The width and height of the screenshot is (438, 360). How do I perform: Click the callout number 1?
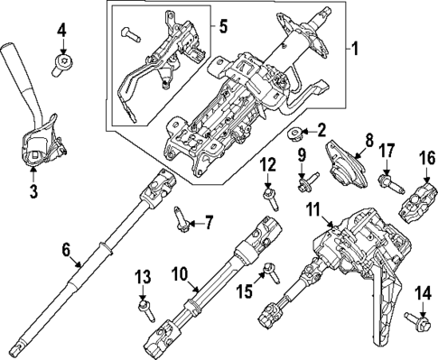tap(354, 46)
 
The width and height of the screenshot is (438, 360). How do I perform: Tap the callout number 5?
tap(222, 25)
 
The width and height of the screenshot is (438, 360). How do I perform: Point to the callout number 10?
tap(180, 272)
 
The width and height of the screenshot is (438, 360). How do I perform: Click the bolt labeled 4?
tap(62, 62)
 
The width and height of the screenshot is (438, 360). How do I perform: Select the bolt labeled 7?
tap(180, 217)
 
